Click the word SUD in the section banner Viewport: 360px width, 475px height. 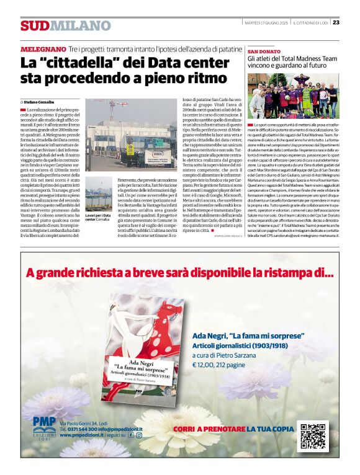pyautogui.click(x=34, y=25)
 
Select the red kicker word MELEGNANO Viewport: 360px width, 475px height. pyautogui.click(x=43, y=48)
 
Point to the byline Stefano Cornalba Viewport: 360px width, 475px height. pyautogui.click(x=40, y=100)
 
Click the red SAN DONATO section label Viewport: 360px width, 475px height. pyautogui.click(x=264, y=51)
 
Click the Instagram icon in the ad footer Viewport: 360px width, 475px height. pyautogui.click(x=139, y=435)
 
